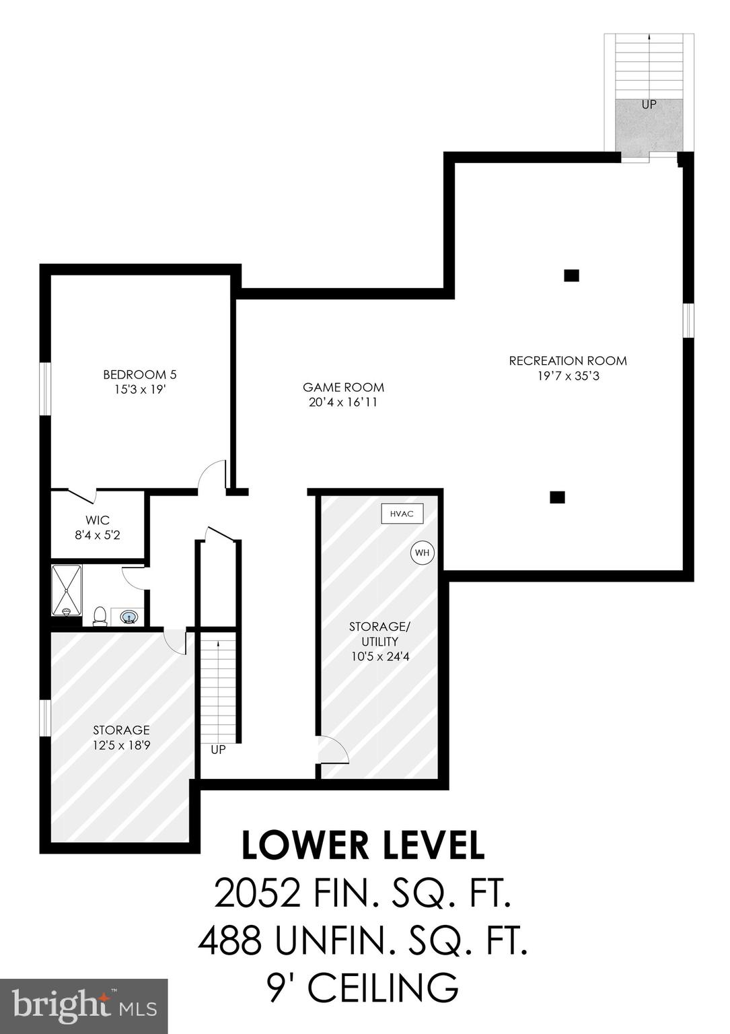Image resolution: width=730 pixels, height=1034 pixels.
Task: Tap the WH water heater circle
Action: coord(423,553)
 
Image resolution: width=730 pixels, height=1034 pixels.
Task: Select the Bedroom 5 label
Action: coord(139,375)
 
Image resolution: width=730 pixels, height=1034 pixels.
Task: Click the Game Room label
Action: coord(343,388)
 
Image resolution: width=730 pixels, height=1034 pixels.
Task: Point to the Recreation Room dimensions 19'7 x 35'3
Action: coord(568,376)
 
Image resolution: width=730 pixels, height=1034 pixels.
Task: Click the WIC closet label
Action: coord(98,520)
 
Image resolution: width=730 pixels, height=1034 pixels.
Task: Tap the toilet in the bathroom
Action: coord(100,615)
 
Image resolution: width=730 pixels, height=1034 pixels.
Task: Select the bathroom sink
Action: coord(128,617)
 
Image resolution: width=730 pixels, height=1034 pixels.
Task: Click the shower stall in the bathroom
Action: coord(67,590)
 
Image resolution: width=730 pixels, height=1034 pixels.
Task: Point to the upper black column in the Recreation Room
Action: coord(571,275)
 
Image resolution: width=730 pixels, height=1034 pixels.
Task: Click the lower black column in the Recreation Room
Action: coord(557,497)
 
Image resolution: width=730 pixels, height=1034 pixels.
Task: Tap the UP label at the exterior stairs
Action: coord(649,105)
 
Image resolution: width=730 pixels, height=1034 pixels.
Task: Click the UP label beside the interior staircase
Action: coord(218,749)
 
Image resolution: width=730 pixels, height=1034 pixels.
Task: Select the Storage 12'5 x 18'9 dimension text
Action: coord(121,745)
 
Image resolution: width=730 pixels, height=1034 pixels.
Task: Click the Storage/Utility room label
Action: coord(379,634)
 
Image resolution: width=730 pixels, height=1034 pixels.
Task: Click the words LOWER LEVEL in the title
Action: coord(363,846)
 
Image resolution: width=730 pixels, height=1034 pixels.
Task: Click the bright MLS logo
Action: coord(84,1006)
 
